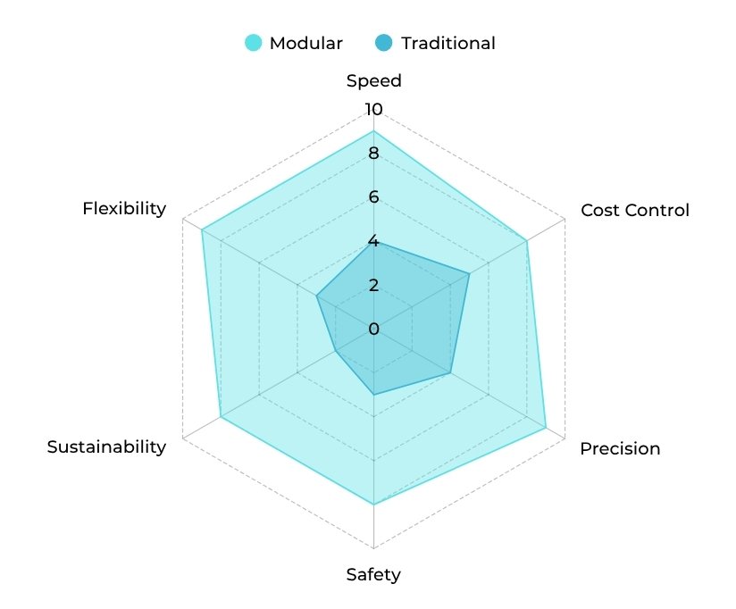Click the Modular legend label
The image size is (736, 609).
[306, 43]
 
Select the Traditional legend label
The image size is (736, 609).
[447, 43]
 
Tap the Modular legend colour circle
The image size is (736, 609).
[255, 43]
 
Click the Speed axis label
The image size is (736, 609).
[374, 81]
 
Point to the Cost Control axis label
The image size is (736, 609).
[635, 211]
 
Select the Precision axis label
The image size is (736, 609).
[620, 448]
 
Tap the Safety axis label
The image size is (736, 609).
[373, 574]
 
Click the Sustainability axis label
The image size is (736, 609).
[106, 447]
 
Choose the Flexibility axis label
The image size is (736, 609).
[124, 209]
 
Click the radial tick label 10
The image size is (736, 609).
[372, 110]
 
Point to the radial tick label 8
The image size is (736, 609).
[373, 154]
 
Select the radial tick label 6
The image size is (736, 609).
[373, 197]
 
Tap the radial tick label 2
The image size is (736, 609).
[373, 286]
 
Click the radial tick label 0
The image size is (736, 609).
[373, 330]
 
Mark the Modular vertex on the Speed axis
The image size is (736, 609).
[374, 131]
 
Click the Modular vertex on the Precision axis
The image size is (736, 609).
[546, 429]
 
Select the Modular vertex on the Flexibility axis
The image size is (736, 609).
[202, 230]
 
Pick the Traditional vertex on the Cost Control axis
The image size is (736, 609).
[469, 274]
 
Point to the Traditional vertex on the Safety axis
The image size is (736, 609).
[374, 395]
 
